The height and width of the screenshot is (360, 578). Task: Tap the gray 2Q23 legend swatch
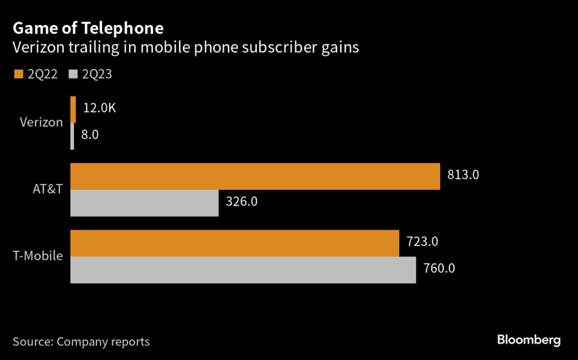[x=72, y=74]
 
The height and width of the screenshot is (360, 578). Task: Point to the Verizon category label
[x=41, y=122]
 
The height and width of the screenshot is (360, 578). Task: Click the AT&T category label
[x=47, y=189]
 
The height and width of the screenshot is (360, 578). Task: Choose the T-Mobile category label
[x=38, y=256]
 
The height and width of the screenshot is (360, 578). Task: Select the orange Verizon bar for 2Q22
[x=73, y=109]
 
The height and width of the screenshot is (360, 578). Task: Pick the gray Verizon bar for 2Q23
[x=72, y=136]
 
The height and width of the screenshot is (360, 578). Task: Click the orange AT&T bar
[x=255, y=176]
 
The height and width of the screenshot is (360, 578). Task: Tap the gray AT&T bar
[x=144, y=203]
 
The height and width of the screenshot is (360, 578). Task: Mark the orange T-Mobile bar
[x=234, y=243]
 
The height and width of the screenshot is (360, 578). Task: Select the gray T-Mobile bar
[x=243, y=269]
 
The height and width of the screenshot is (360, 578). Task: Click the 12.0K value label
[x=99, y=108]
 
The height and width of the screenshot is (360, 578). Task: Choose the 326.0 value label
[x=242, y=202]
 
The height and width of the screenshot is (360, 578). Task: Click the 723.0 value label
[x=422, y=242]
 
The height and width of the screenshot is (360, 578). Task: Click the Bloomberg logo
[x=528, y=340]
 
